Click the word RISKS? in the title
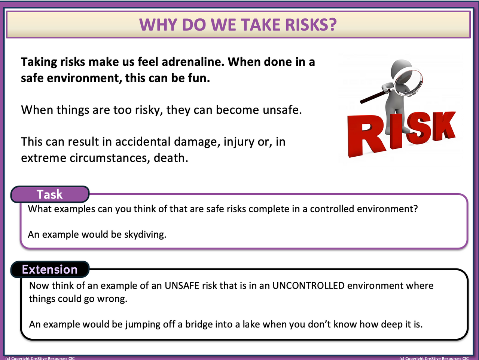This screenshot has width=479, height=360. (x=311, y=25)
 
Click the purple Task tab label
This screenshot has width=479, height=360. (x=50, y=194)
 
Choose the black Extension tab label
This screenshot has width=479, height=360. (x=50, y=270)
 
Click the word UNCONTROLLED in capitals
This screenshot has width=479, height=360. (x=308, y=286)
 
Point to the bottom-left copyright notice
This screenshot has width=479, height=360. (x=40, y=358)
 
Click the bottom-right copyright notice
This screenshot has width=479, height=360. (x=434, y=358)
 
